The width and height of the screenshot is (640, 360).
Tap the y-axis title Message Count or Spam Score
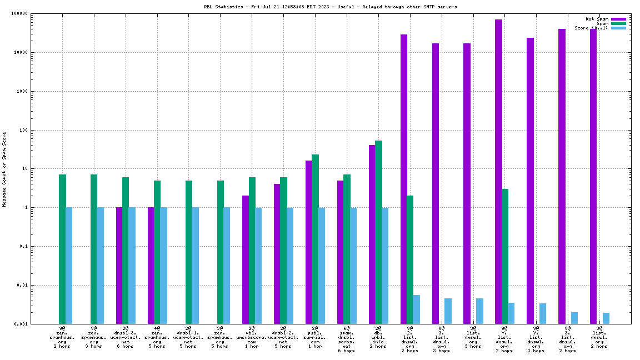[4, 169]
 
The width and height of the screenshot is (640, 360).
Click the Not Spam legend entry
[597, 19]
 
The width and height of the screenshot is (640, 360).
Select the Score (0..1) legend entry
[591, 28]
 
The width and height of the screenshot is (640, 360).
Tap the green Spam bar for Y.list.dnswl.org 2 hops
[505, 256]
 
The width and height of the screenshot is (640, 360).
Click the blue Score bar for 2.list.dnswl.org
[416, 309]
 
